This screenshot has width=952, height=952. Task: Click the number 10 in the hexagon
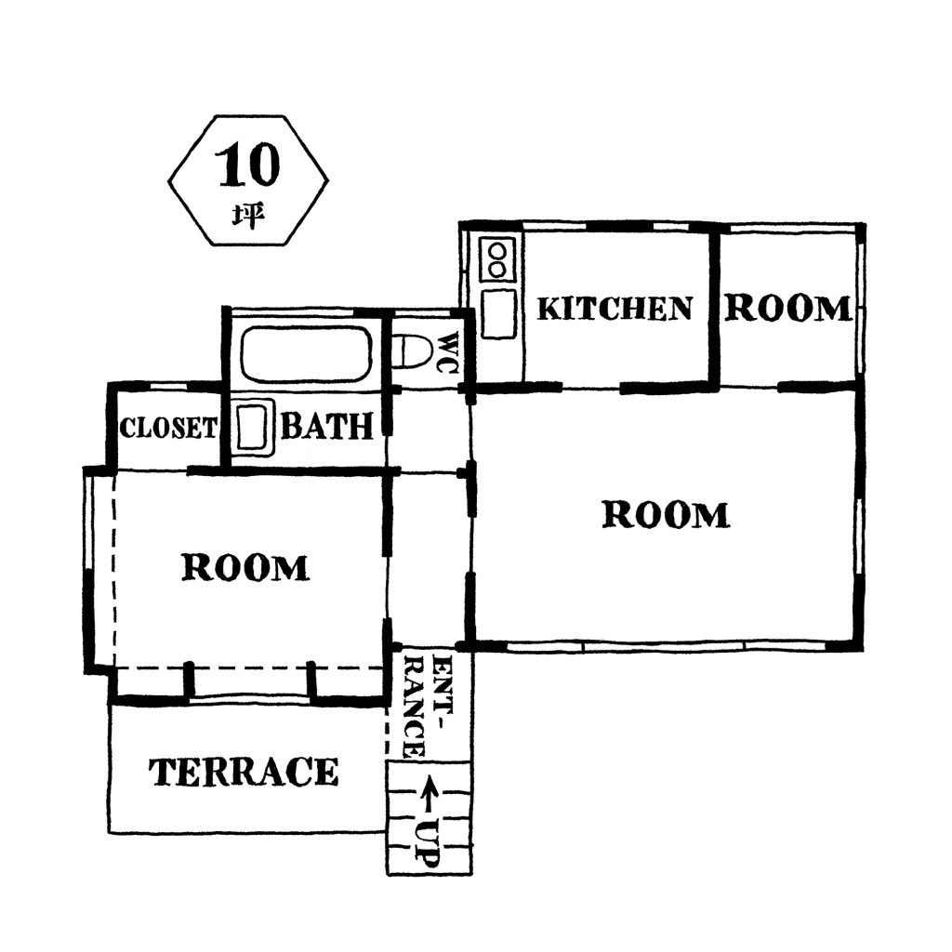pos(248,165)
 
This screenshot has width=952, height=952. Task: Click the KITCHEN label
pos(615,309)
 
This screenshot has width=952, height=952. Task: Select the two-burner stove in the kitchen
pos(497,260)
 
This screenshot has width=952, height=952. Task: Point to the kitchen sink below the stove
pos(499,313)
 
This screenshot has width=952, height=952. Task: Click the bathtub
pos(306,354)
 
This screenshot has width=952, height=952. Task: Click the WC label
pos(449,352)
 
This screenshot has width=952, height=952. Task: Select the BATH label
pos(326,427)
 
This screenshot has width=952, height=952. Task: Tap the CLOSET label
pos(167,428)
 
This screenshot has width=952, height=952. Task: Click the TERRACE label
pos(244,773)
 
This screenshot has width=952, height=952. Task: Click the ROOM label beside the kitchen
pos(788,309)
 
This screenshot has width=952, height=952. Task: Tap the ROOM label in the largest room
pos(666,515)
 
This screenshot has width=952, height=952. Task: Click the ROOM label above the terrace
pos(245,568)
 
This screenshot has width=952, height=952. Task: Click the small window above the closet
pos(167,386)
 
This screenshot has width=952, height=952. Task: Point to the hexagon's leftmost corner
pos(168,180)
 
